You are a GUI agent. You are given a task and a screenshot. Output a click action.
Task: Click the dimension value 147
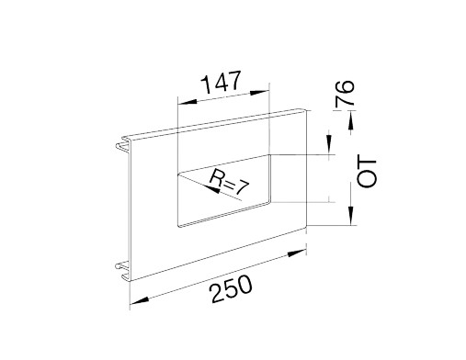pyautogui.click(x=222, y=82)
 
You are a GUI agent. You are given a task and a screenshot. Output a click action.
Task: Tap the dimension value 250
pyautogui.click(x=232, y=288)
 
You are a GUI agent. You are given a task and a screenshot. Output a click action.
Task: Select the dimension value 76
pyautogui.click(x=345, y=95)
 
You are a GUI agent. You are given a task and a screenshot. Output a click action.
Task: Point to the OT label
pyautogui.click(x=367, y=173)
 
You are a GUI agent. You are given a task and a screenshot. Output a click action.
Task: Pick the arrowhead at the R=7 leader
pyautogui.click(x=213, y=189)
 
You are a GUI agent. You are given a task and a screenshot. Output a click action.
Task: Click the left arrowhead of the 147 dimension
pyautogui.click(x=187, y=102)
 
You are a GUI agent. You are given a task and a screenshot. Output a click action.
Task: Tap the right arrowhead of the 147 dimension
pyautogui.click(x=259, y=92)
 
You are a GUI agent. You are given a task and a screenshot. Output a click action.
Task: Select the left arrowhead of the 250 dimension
pyautogui.click(x=140, y=300)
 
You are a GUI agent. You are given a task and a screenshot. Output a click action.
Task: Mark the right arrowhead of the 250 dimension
pyautogui.click(x=297, y=253)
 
